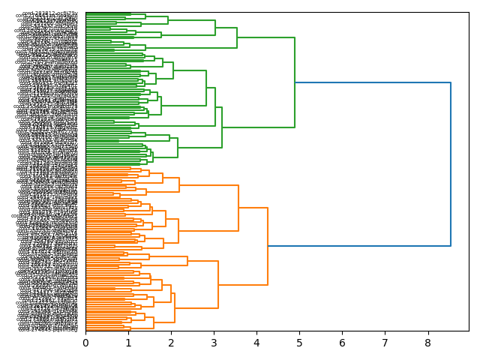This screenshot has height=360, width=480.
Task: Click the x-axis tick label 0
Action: coord(85,343)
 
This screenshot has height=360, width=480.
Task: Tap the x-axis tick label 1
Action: coord(128,343)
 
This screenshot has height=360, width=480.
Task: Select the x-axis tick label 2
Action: coord(171,343)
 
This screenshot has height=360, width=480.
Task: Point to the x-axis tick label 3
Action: coord(214,343)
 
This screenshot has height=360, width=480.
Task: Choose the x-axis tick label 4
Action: coord(256,343)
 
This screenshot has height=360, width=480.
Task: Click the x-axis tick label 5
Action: coord(299,343)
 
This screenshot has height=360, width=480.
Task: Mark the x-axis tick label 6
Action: coord(342,343)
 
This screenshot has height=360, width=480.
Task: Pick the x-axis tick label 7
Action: coord(385,343)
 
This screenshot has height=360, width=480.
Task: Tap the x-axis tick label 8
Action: coord(427,343)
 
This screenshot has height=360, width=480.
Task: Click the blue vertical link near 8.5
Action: coord(450,165)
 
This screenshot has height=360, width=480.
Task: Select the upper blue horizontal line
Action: coord(373,82)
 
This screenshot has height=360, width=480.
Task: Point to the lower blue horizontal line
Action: coord(358,246)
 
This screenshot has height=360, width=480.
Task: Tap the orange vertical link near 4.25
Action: coord(268,246)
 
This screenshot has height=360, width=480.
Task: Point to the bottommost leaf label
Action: coord(49,329)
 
